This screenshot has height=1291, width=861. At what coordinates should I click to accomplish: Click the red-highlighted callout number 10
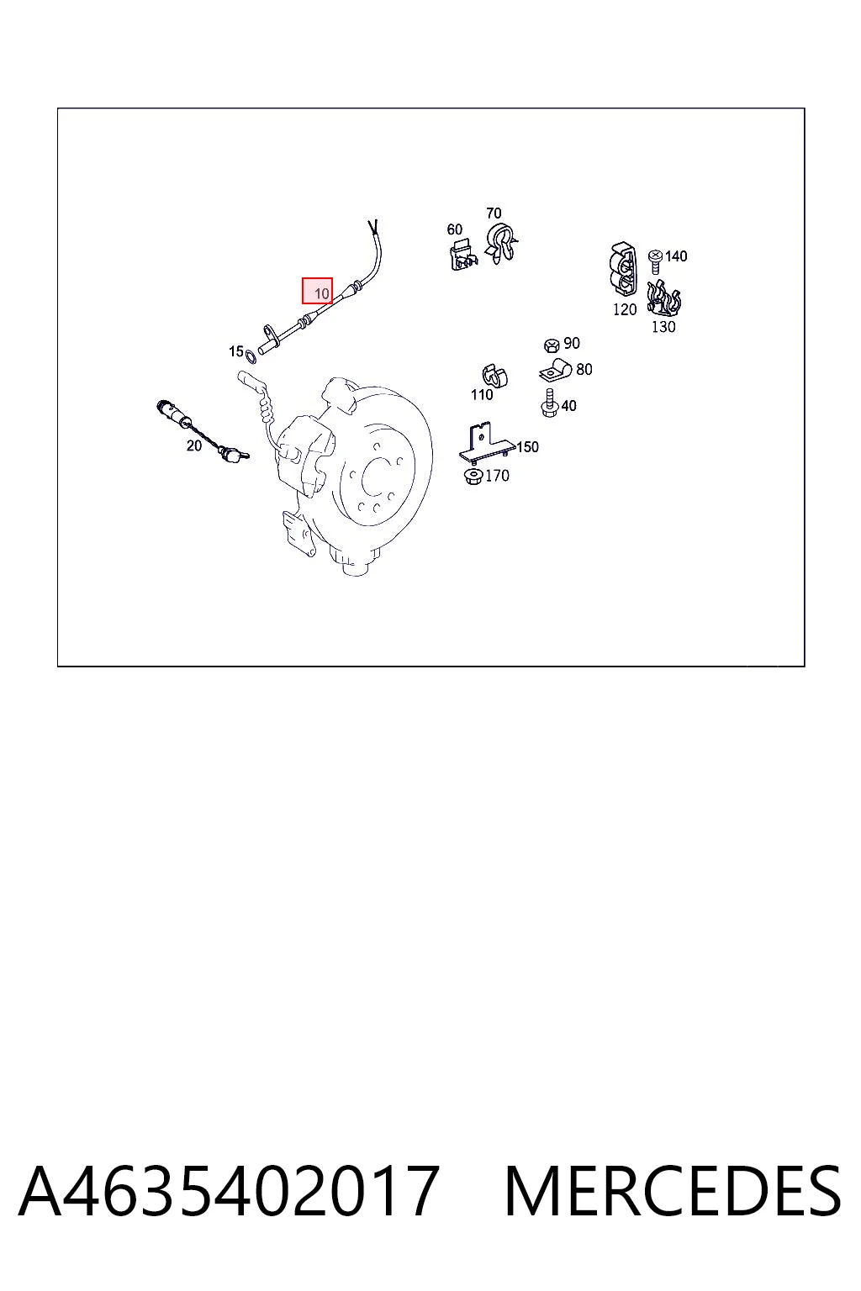tap(321, 294)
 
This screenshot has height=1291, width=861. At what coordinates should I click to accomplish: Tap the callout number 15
tap(236, 351)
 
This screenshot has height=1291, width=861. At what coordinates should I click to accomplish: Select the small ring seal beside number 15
tap(251, 356)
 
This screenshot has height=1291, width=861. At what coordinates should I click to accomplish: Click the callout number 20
tap(193, 445)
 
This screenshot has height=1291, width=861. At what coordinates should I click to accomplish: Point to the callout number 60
tap(454, 229)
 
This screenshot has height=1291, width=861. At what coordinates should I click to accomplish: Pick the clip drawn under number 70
tap(499, 243)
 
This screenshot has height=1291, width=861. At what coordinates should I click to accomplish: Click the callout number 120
tap(625, 309)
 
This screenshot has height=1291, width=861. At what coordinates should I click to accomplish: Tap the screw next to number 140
tap(654, 261)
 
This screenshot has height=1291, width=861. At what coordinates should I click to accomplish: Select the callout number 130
tap(663, 327)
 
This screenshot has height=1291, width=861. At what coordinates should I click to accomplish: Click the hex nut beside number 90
tap(552, 345)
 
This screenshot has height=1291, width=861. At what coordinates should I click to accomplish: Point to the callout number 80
tap(584, 370)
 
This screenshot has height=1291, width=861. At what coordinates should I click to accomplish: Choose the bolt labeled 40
tap(549, 403)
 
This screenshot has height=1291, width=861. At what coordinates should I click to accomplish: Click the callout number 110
tap(482, 395)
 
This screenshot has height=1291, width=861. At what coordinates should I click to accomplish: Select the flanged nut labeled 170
tap(473, 477)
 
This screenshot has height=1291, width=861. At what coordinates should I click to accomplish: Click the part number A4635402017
tap(230, 1190)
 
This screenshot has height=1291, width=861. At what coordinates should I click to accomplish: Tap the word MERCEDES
tap(673, 1190)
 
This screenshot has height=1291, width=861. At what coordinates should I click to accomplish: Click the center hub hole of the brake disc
tap(378, 477)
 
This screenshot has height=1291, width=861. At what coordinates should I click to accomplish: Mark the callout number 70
tap(494, 213)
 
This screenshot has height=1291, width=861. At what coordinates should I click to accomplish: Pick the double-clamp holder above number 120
tap(623, 270)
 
